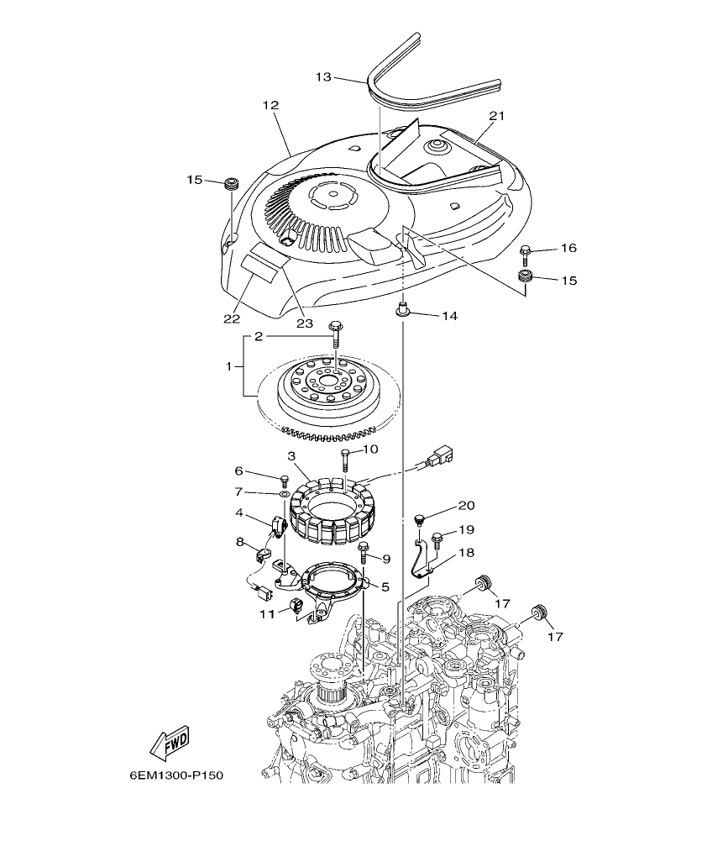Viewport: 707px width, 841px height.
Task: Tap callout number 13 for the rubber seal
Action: (x=324, y=76)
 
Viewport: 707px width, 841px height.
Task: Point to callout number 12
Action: (x=270, y=105)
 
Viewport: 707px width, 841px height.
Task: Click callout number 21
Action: (x=496, y=115)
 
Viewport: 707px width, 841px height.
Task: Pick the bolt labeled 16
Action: (x=526, y=250)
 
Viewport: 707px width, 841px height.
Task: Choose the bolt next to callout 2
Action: (x=336, y=334)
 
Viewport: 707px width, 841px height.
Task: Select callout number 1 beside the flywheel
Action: (x=229, y=367)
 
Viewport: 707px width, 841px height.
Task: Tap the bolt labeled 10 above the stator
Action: (x=345, y=459)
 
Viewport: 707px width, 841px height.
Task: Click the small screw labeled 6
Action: (x=283, y=480)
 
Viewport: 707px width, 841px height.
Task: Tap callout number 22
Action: (x=232, y=318)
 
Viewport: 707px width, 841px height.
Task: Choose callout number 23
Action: (x=303, y=323)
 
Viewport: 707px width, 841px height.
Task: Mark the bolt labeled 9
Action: (x=364, y=551)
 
